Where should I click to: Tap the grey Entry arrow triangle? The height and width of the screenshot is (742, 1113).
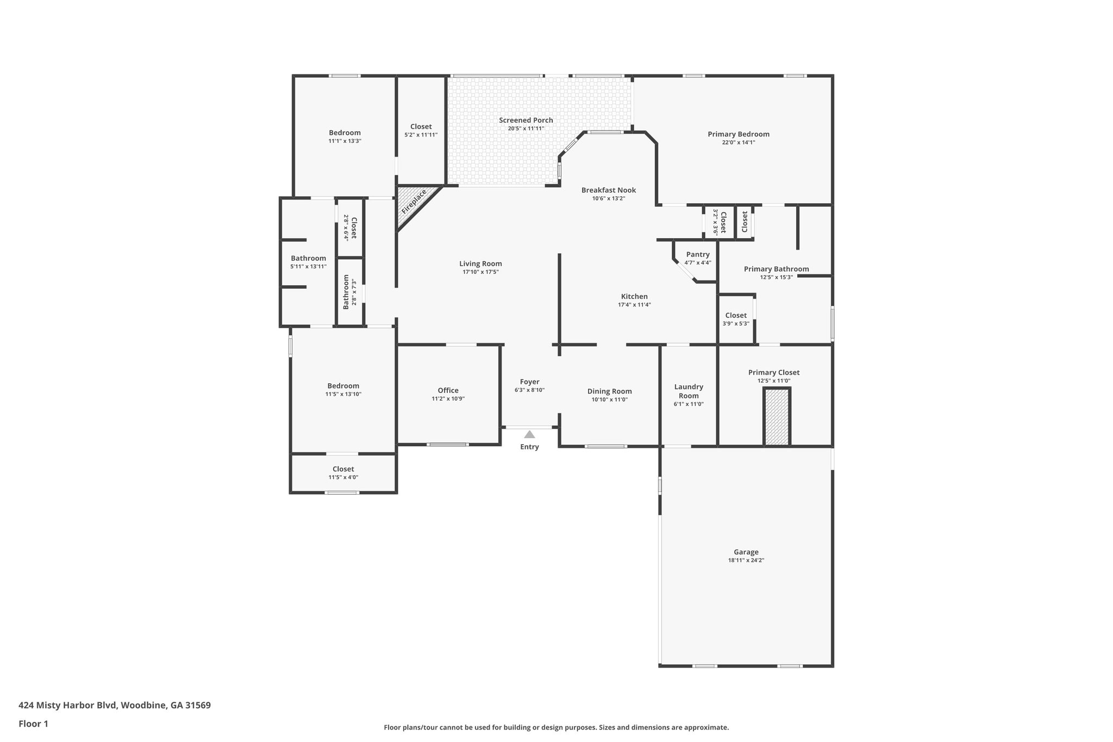[529, 434]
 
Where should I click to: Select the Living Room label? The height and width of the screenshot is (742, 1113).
[480, 264]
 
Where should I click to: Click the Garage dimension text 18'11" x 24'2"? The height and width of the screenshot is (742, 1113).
[746, 560]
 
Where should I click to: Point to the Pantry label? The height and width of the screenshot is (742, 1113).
[697, 254]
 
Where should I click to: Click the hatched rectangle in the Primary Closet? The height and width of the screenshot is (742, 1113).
[777, 417]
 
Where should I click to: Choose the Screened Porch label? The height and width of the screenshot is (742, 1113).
[526, 120]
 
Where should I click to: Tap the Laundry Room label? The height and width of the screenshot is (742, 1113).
[689, 391]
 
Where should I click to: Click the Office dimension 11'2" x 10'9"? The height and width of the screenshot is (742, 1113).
[448, 398]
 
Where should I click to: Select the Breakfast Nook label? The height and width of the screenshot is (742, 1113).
[608, 190]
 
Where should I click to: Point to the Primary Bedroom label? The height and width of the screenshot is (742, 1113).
[738, 134]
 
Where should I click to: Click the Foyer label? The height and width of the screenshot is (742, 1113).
[529, 382]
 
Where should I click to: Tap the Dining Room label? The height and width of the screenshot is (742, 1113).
[609, 391]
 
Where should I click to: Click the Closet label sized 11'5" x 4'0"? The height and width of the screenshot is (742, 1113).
[343, 469]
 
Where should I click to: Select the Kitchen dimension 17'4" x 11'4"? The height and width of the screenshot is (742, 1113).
[634, 305]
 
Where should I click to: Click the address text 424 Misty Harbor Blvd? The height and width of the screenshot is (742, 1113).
[114, 705]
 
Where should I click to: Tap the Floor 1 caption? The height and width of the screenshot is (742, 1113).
[33, 724]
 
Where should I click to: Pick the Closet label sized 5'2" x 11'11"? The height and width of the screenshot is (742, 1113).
[421, 127]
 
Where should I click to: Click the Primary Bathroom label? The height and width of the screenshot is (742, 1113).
[776, 269]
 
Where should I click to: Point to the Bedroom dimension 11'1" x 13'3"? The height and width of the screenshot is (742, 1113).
[345, 141]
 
